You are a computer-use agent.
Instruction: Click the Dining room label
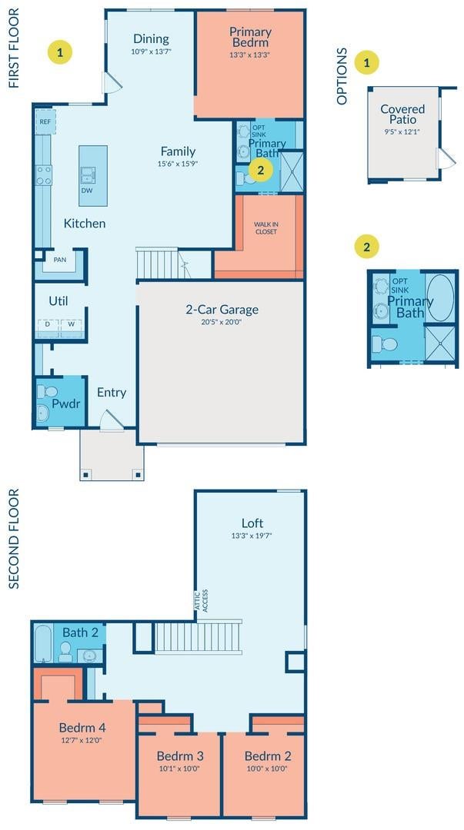coord(151,38)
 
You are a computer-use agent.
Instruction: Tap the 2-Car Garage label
coord(222,310)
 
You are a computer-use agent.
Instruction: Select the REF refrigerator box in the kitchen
coord(45,121)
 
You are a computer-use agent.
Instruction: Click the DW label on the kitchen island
coord(85,190)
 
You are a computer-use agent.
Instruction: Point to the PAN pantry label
coord(59,260)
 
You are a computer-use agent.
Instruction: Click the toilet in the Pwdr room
coord(47,392)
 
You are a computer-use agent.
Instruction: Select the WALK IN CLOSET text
coord(265,228)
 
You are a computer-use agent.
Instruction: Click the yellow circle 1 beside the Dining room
coord(60,52)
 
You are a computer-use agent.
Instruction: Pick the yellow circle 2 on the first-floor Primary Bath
coord(260,170)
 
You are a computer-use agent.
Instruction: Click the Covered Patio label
coord(402,114)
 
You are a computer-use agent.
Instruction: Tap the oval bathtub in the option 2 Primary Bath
coord(440,297)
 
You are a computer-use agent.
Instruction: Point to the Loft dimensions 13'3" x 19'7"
coord(252,535)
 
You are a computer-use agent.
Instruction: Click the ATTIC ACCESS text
coord(201,601)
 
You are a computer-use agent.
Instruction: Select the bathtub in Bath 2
coord(43,644)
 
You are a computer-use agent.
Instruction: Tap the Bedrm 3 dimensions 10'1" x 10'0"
coord(180,769)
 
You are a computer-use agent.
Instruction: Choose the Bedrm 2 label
coord(268,756)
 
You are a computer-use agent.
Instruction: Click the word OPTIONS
coord(342,76)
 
